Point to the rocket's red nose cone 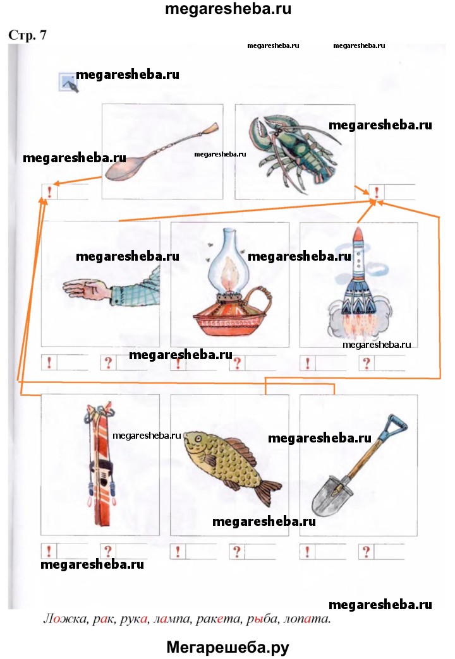coord(358,235)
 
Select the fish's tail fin coord(267,490)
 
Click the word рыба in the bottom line coord(262,619)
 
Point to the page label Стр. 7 coord(27,35)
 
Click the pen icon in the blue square coord(69,82)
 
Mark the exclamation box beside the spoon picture coord(49,192)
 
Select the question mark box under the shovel coord(366,552)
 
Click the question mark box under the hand coord(108,363)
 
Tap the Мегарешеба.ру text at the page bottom coord(227,647)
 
